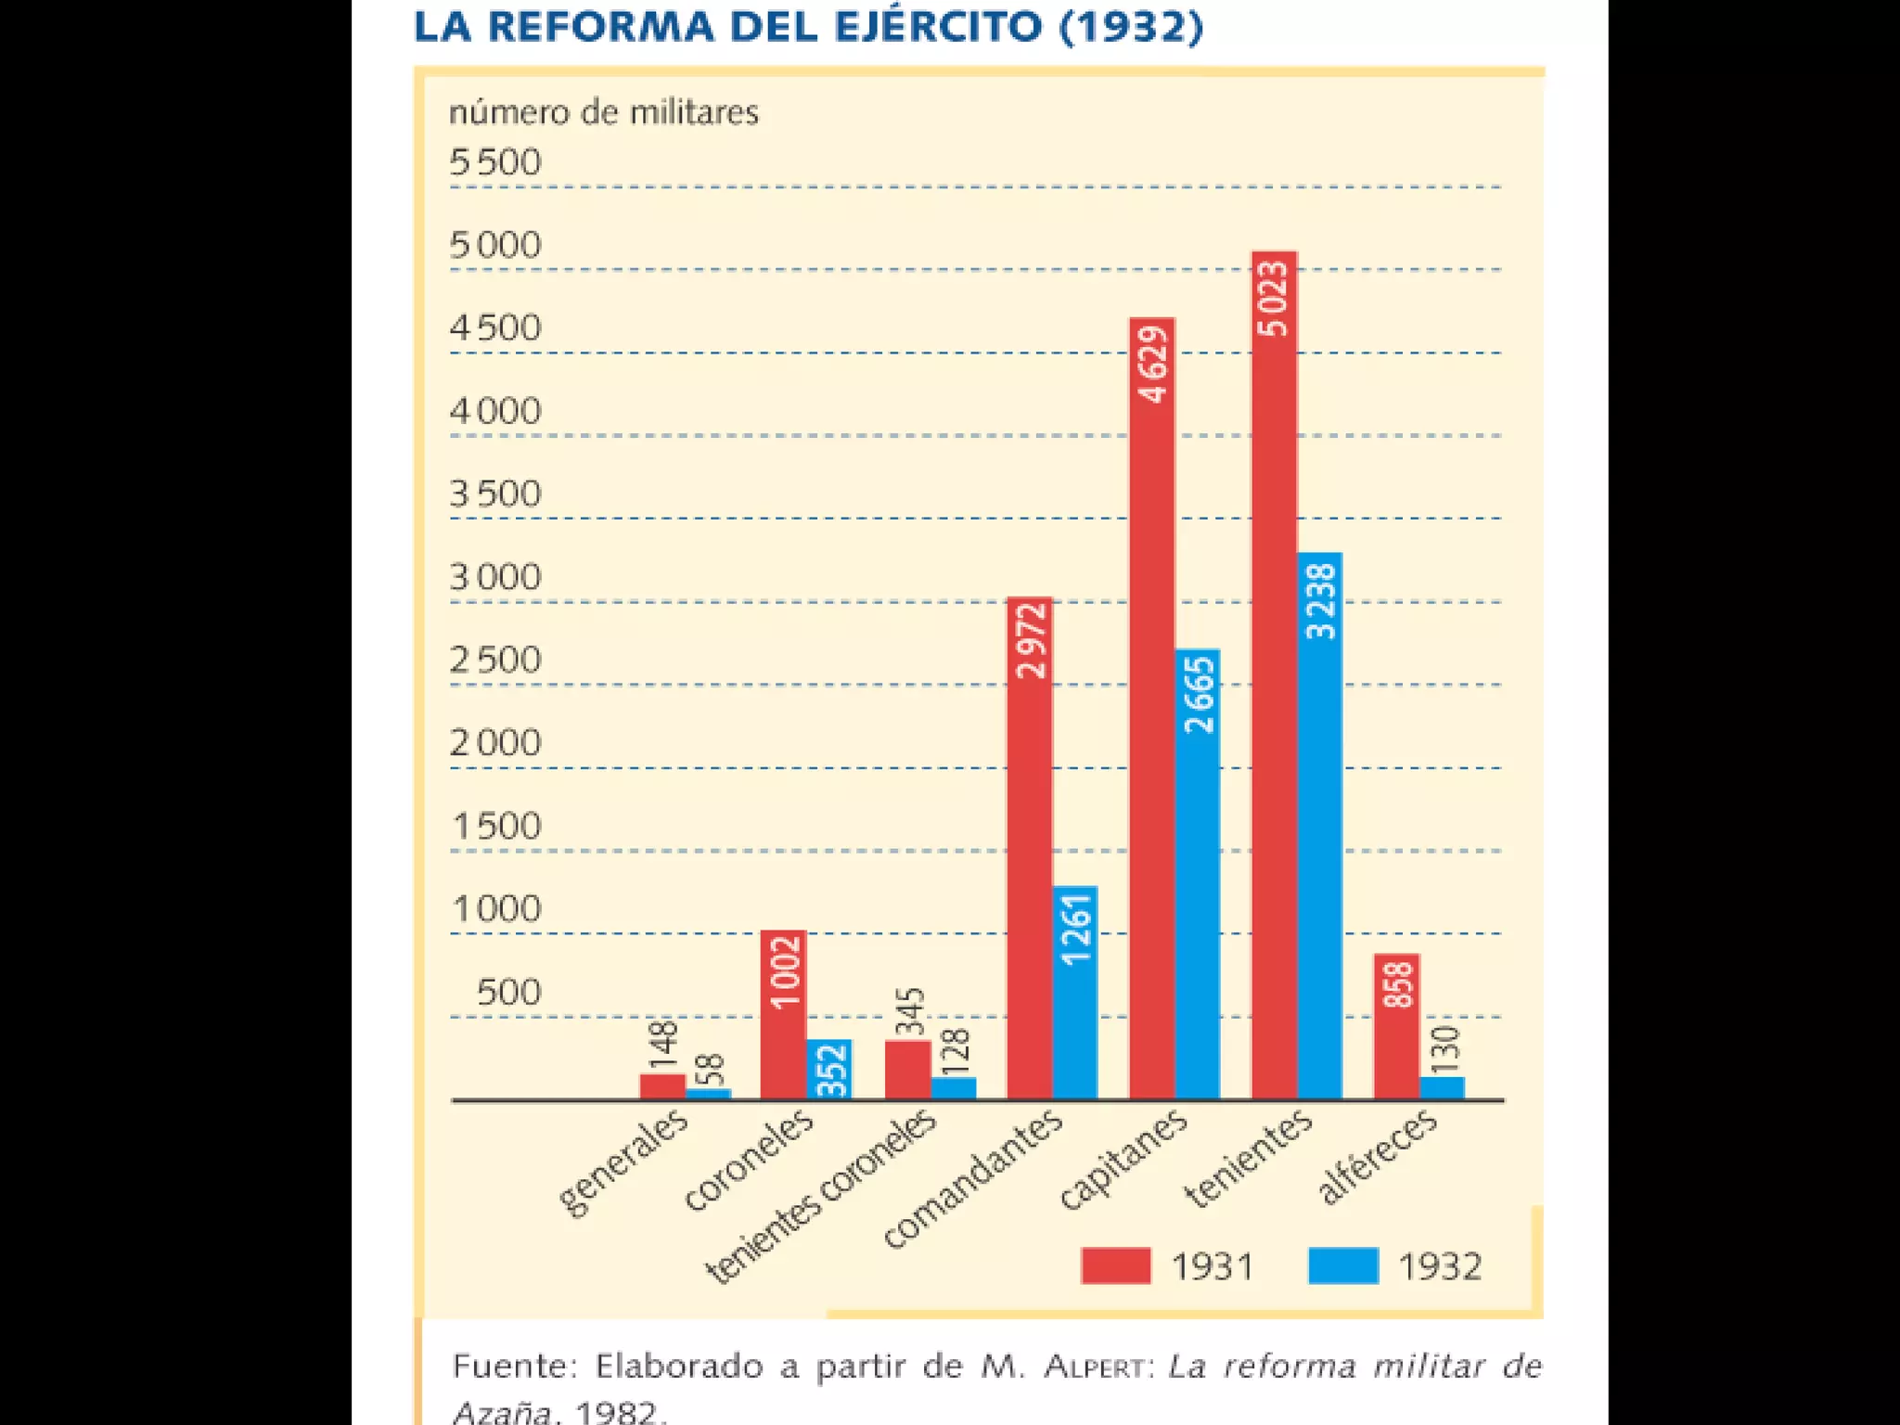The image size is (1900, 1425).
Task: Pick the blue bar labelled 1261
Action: (1075, 993)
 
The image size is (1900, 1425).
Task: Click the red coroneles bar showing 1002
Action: (783, 1015)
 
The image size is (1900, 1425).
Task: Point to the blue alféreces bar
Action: (1442, 1087)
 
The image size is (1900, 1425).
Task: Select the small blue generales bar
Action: (709, 1093)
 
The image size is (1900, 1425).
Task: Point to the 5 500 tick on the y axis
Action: (494, 162)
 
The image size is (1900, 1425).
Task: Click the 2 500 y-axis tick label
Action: (494, 661)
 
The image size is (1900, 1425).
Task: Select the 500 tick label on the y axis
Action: (508, 993)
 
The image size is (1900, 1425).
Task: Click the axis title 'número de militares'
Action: (603, 112)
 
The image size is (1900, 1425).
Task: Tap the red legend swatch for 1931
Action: (1115, 1265)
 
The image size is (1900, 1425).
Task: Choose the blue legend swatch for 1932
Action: (1342, 1265)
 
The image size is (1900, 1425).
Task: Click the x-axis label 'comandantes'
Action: (972, 1178)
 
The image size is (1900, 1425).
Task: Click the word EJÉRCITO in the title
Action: (938, 26)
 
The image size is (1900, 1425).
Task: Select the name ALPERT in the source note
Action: (1095, 1367)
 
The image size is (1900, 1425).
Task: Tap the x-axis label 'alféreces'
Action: (1377, 1156)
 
